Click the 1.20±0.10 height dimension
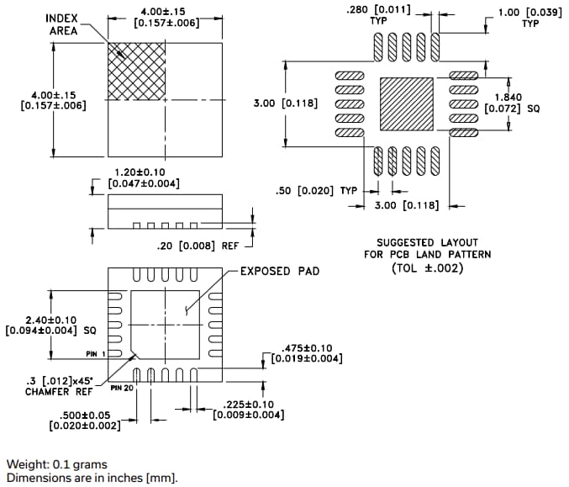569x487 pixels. [x=145, y=177]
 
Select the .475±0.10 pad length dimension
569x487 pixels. [x=306, y=354]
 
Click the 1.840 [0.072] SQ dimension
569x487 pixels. [x=514, y=103]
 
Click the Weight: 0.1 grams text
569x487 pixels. [x=57, y=464]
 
